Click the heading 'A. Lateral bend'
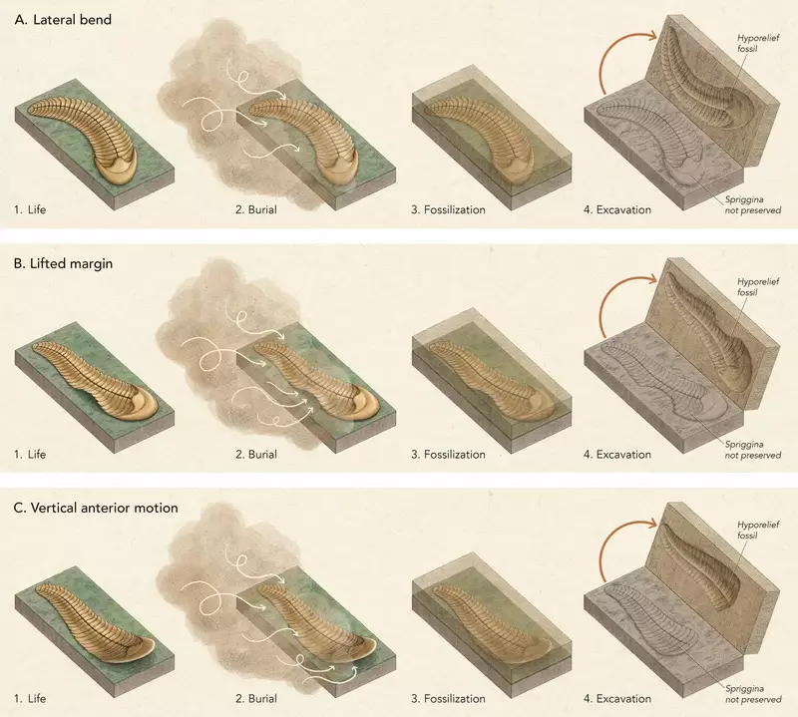tap(63, 19)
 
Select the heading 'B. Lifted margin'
tap(63, 263)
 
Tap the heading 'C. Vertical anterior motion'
tap(96, 508)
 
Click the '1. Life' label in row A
tap(30, 209)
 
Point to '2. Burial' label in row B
tap(256, 454)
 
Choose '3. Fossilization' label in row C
tap(448, 698)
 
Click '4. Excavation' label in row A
tap(616, 209)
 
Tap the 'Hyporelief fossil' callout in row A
tap(758, 43)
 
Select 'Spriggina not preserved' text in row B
tap(753, 450)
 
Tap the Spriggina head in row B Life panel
tap(139, 402)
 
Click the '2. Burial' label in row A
tap(256, 209)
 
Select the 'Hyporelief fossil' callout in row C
tap(758, 530)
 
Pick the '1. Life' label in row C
tap(30, 698)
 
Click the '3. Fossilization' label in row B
tap(448, 454)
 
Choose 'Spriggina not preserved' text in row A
tap(753, 204)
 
